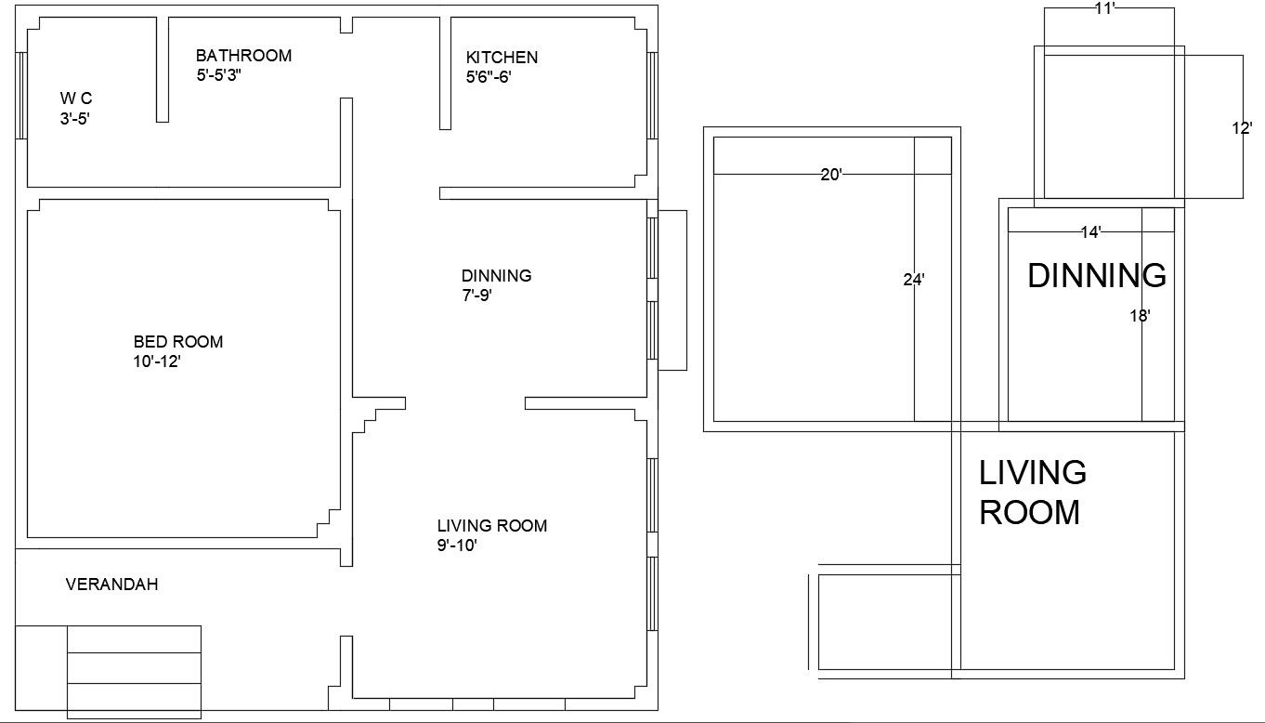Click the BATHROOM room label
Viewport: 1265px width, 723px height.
click(x=243, y=56)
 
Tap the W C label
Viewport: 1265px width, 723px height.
click(x=76, y=98)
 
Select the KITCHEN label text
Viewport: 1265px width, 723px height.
click(x=502, y=58)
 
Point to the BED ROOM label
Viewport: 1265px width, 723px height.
click(x=178, y=342)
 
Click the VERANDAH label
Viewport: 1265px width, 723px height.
click(x=111, y=585)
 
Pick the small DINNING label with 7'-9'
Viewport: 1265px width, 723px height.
click(x=496, y=276)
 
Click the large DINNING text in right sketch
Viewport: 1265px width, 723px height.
click(x=1097, y=276)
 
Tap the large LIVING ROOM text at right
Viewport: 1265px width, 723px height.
click(x=1032, y=493)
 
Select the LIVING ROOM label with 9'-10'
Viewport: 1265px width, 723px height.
click(x=492, y=526)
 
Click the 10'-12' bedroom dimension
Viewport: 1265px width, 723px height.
click(x=156, y=362)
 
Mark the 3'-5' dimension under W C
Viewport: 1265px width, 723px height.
click(x=74, y=118)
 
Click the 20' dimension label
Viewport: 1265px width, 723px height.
click(x=831, y=174)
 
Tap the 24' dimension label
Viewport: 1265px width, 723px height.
click(x=914, y=278)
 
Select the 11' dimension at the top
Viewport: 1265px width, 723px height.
click(x=1104, y=8)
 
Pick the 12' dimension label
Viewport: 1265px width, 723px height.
click(x=1242, y=129)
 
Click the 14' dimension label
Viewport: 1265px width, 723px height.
click(x=1090, y=232)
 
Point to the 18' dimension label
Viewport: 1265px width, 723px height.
click(x=1141, y=316)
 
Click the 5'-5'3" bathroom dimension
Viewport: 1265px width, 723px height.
click(x=231, y=76)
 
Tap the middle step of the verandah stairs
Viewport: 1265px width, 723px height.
click(x=134, y=668)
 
